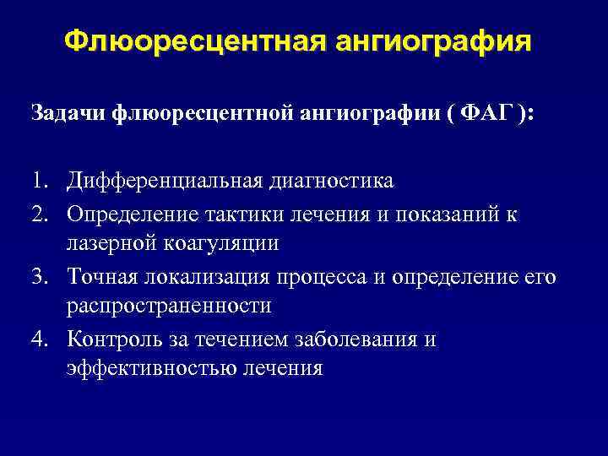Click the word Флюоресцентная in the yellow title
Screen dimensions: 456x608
click(185, 42)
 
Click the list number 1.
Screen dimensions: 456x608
click(41, 182)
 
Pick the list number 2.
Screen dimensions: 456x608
click(41, 215)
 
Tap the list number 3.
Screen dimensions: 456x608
click(41, 277)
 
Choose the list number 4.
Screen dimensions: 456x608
click(41, 339)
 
